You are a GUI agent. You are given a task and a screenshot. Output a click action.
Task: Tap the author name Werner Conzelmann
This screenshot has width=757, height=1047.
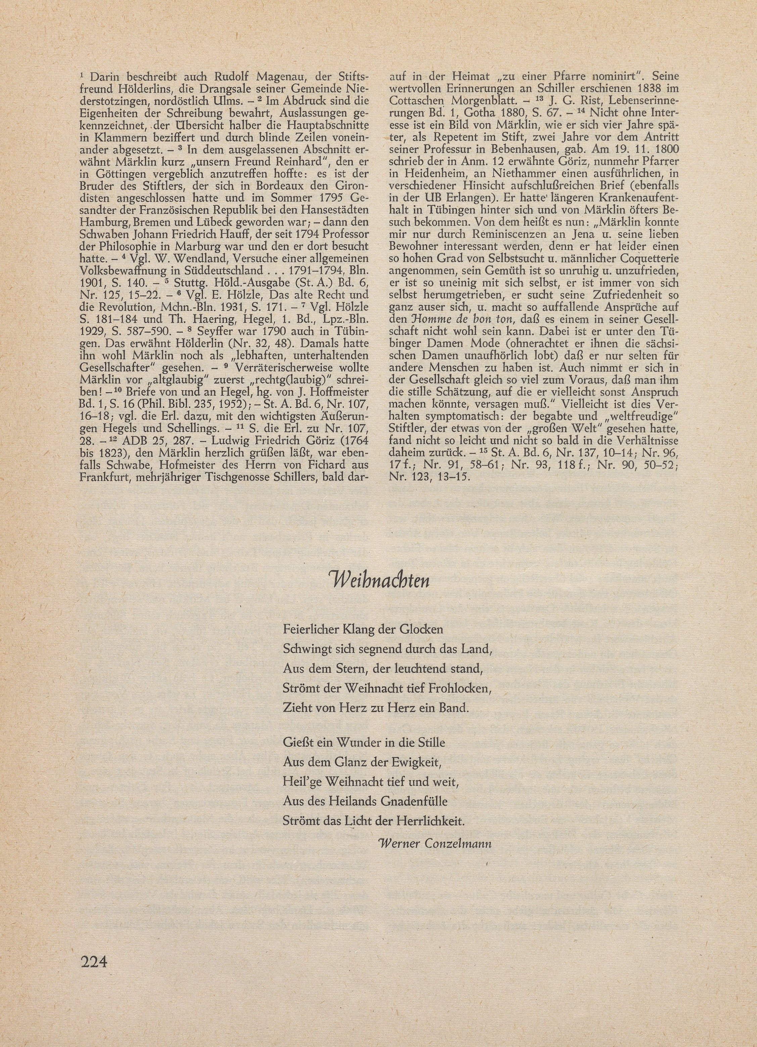pos(434,843)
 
